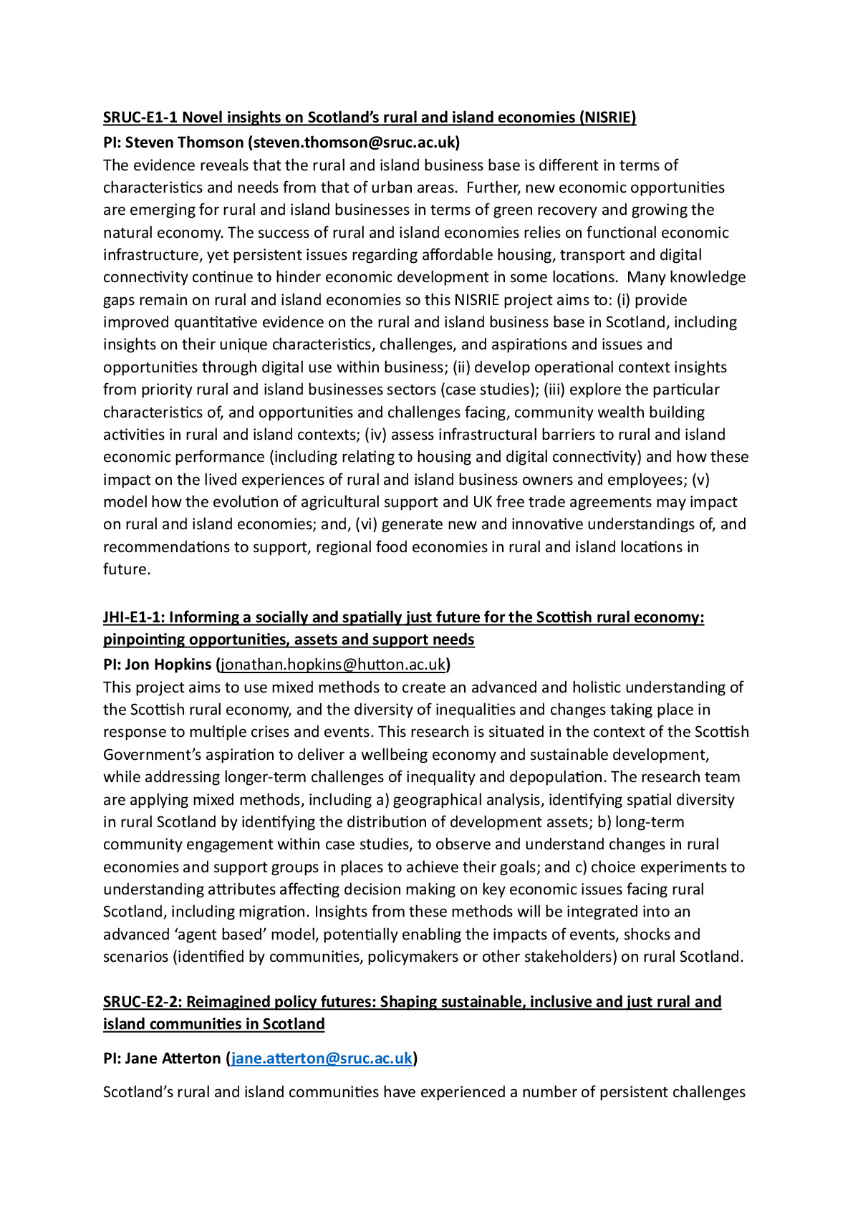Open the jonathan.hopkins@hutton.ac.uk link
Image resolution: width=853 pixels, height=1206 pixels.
point(333,665)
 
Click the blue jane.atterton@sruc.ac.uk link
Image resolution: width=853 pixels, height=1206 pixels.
point(322,1058)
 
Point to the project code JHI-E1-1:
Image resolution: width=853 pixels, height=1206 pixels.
point(134,617)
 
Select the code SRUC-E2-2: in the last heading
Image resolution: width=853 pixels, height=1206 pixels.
point(143,1002)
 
